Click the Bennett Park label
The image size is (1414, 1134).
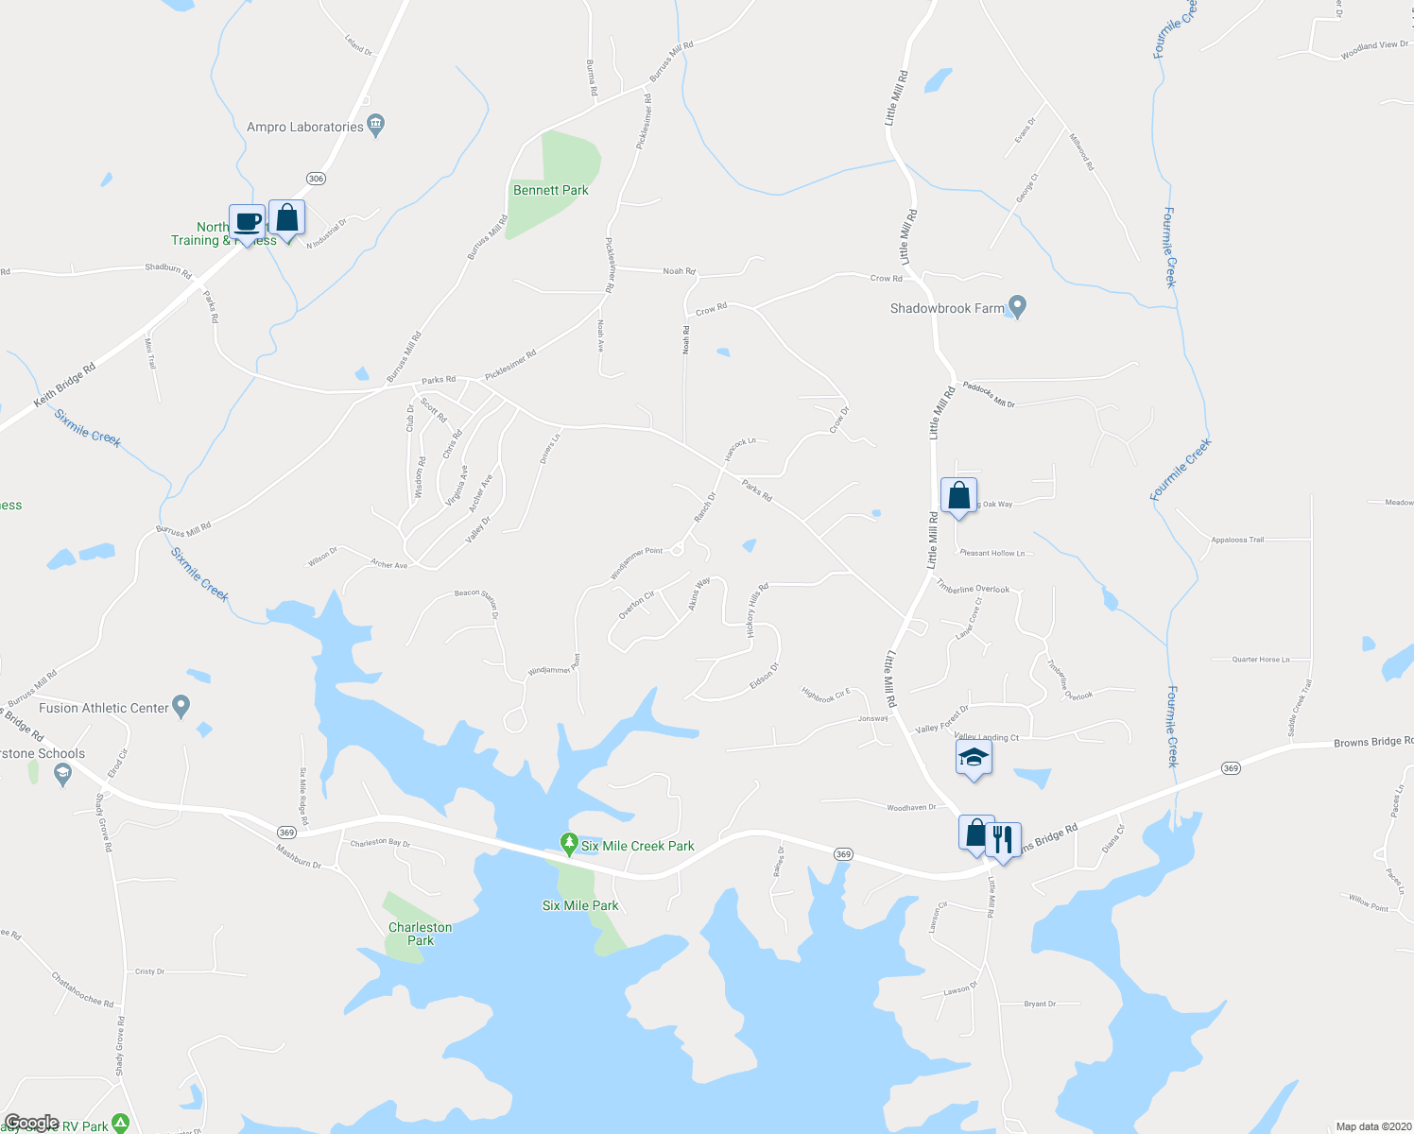[x=550, y=190]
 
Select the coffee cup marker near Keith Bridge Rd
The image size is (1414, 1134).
[x=247, y=223]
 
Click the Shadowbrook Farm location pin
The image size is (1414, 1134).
[x=1017, y=307]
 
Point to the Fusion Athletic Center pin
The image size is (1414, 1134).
[x=182, y=706]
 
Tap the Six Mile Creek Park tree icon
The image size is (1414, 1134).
[x=568, y=842]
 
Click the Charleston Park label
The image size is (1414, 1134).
[x=421, y=934]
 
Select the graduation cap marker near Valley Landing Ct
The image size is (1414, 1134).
[x=974, y=758]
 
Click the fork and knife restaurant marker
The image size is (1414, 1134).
[x=1002, y=837]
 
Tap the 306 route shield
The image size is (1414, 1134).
[x=316, y=179]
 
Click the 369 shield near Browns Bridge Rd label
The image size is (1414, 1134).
[x=1230, y=768]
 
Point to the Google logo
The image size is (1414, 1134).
[x=32, y=1123]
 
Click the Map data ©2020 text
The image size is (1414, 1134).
[x=1371, y=1126]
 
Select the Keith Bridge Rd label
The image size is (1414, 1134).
[x=64, y=386]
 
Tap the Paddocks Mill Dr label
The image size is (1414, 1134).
[x=989, y=394]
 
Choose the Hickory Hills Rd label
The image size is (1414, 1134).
[x=758, y=610]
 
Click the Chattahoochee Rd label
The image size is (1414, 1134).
[x=82, y=989]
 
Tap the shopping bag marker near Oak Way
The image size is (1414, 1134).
[x=958, y=495]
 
